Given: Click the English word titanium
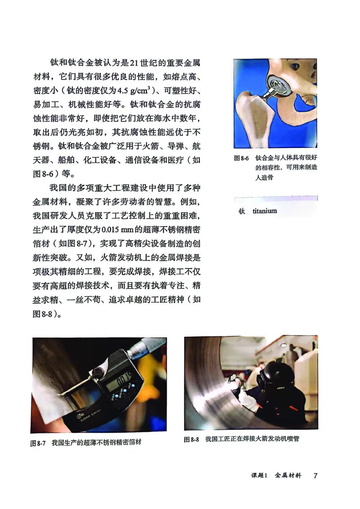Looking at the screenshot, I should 265,211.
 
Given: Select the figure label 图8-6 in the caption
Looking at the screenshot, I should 242,159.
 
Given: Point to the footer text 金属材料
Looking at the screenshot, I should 288,476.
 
